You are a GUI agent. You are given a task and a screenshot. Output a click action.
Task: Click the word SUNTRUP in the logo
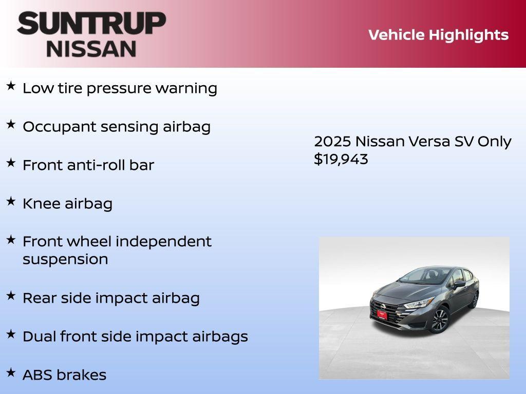(x=91, y=24)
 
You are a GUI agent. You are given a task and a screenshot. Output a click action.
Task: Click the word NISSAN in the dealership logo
(x=91, y=49)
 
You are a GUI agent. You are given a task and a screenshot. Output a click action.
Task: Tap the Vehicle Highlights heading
(x=438, y=35)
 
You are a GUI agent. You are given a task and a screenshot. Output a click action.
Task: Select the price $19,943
(x=341, y=159)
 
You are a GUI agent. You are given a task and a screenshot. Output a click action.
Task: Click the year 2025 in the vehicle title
(x=332, y=142)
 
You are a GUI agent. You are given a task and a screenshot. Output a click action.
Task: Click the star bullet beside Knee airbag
(x=11, y=202)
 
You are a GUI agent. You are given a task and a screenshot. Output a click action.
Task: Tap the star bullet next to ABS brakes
(x=11, y=372)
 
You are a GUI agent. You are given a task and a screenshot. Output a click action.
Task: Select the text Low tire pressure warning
(x=120, y=88)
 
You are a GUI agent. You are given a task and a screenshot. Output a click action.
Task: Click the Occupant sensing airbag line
(x=117, y=127)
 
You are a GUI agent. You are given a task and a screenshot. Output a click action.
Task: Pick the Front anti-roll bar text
(x=88, y=165)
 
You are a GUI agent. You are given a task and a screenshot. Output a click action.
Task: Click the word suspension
(x=65, y=259)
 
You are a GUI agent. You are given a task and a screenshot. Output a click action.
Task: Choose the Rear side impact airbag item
(x=111, y=298)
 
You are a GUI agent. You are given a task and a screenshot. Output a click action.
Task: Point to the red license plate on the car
(x=382, y=314)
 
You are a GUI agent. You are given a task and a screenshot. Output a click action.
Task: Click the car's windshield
(x=421, y=278)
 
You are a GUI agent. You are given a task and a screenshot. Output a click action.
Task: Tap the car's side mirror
(x=459, y=283)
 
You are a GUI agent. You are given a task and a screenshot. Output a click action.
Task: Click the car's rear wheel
(x=475, y=300)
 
